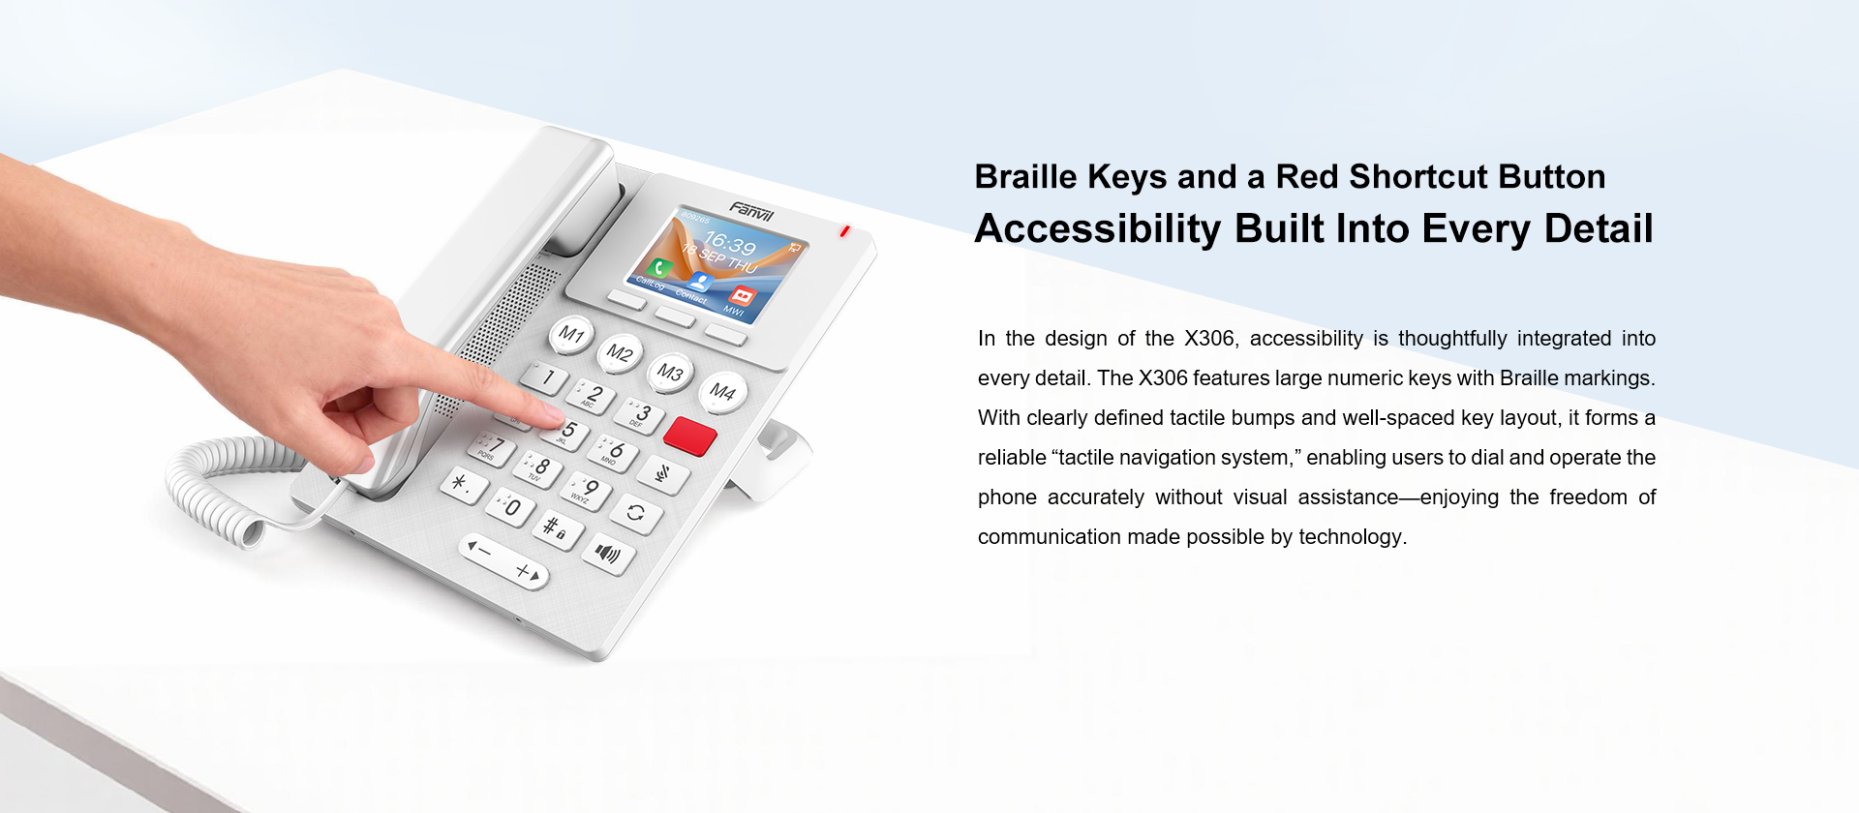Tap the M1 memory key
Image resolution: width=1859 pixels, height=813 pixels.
571,335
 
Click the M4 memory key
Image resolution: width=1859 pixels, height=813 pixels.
722,392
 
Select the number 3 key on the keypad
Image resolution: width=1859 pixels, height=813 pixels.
639,415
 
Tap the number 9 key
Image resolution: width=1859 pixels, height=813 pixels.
587,491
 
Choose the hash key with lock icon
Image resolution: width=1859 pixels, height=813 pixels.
557,529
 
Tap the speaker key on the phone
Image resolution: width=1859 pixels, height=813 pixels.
608,554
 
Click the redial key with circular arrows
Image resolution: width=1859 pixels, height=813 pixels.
636,513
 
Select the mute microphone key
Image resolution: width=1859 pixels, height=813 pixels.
663,473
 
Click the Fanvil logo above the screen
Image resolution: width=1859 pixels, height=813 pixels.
751,211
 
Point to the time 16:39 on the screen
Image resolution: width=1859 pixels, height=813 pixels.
730,243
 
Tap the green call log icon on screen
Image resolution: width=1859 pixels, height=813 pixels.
661,268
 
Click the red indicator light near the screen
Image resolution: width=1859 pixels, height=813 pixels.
845,231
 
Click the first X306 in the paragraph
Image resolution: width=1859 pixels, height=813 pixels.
1210,339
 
